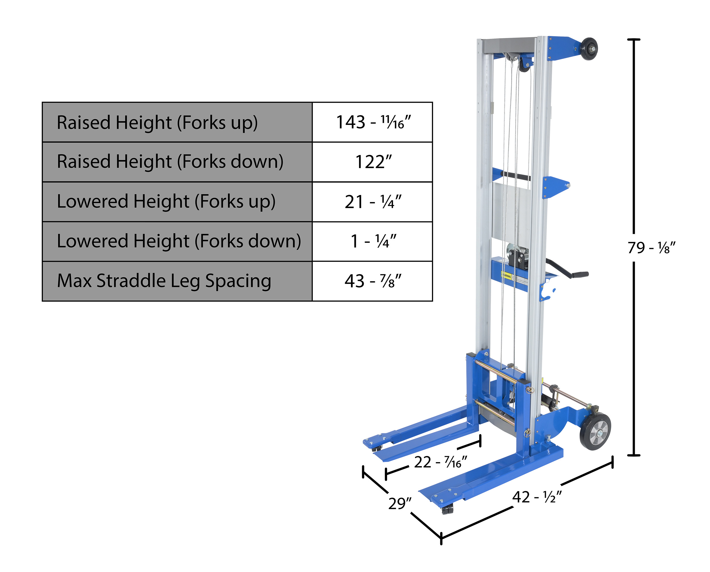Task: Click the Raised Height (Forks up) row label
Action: coord(157,123)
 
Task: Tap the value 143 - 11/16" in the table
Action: coord(373,122)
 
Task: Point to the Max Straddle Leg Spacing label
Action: coord(164,281)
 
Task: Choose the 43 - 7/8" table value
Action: coord(373,281)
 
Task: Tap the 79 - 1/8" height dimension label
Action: coord(651,248)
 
